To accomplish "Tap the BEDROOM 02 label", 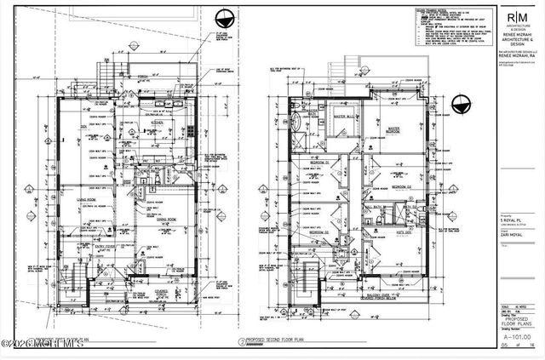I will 401,186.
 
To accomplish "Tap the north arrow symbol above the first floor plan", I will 225,17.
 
